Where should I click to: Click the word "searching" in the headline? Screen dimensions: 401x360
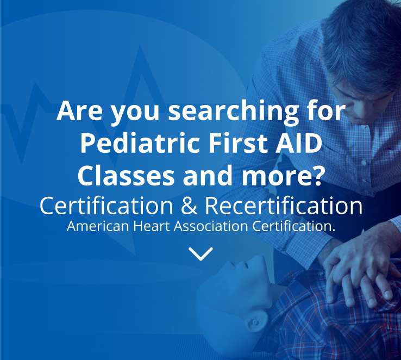pos(233,112)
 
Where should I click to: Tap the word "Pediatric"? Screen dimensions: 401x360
pos(140,144)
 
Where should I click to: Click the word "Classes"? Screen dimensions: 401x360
pos(126,176)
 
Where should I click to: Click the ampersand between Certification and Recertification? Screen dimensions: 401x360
pos(189,206)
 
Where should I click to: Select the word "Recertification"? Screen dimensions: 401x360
pos(284,206)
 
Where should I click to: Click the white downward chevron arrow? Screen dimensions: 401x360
pos(200,253)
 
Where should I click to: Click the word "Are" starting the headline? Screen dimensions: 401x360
pos(79,111)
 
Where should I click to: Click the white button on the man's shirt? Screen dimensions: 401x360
pos(364,162)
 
